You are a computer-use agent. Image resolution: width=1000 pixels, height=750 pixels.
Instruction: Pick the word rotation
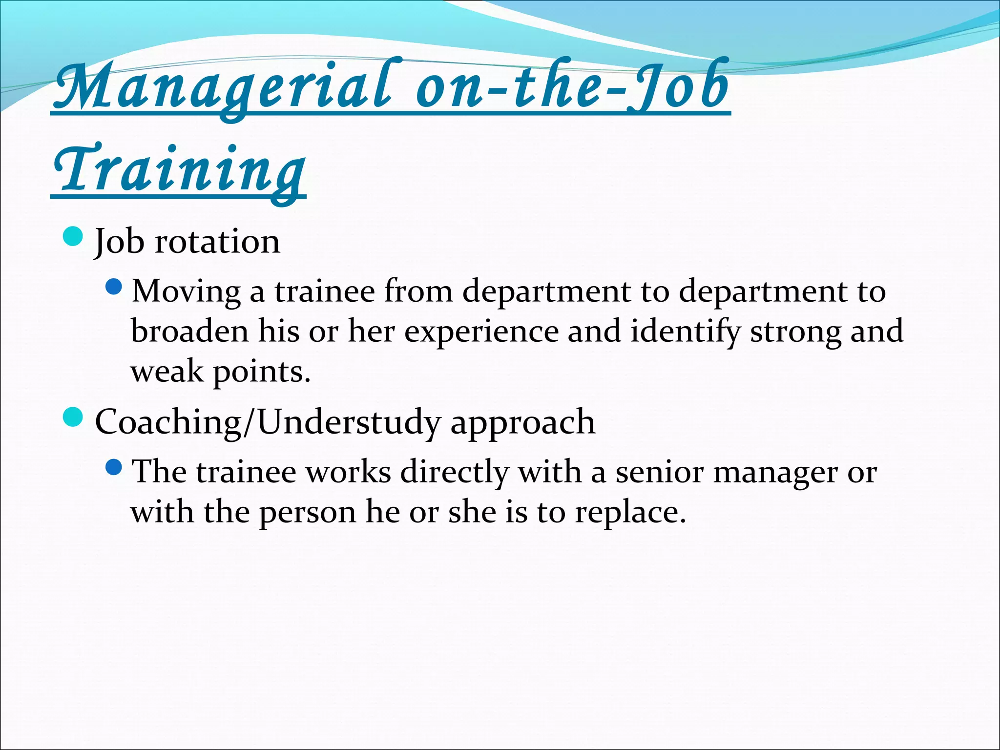[x=217, y=242]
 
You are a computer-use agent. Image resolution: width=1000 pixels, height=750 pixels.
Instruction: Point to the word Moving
[x=186, y=292]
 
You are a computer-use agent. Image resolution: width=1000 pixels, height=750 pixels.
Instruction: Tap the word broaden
[x=190, y=331]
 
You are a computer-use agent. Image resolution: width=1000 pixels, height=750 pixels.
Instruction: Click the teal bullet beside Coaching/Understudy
[x=74, y=417]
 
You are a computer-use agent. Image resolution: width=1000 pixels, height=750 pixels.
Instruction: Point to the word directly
[x=454, y=473]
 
